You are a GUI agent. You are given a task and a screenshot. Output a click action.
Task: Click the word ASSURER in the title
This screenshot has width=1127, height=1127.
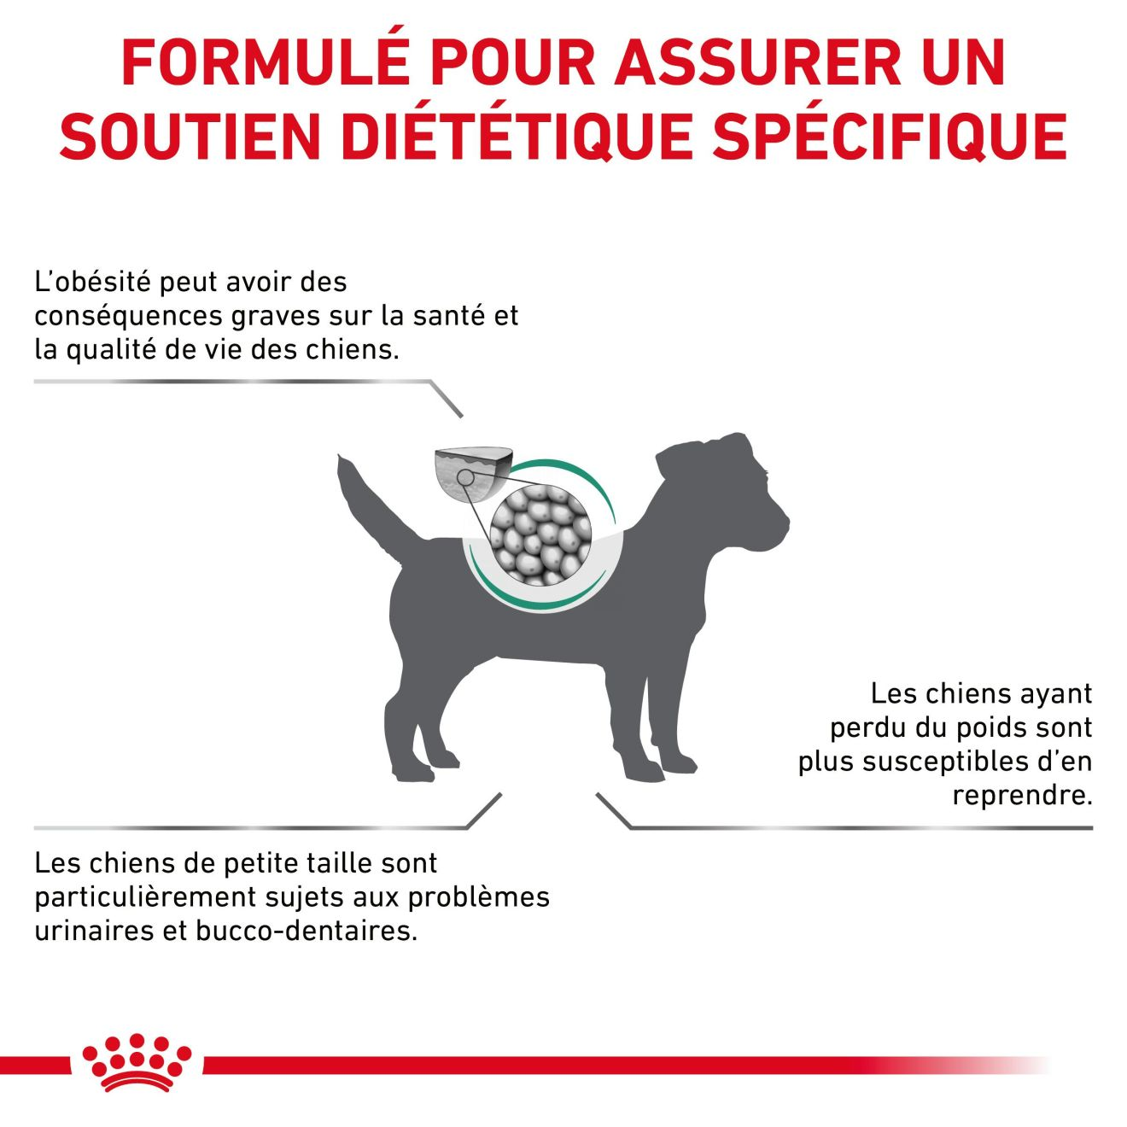point(758,63)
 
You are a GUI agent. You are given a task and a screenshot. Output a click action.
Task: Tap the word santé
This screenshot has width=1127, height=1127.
point(449,316)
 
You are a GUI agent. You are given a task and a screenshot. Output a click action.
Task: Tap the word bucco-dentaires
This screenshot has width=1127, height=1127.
point(307,931)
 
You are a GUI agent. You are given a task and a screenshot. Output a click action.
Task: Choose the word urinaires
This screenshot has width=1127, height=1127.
point(94,931)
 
